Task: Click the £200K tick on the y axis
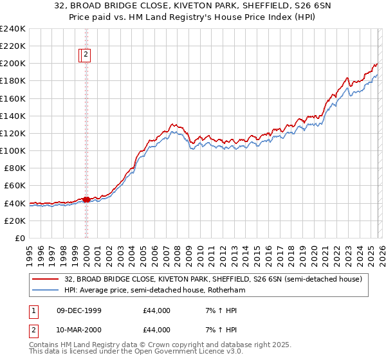point(13,64)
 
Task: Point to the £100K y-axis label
point(13,150)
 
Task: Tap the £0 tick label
point(19,238)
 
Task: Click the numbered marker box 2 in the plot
point(86,55)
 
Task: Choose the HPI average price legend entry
point(154,290)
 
